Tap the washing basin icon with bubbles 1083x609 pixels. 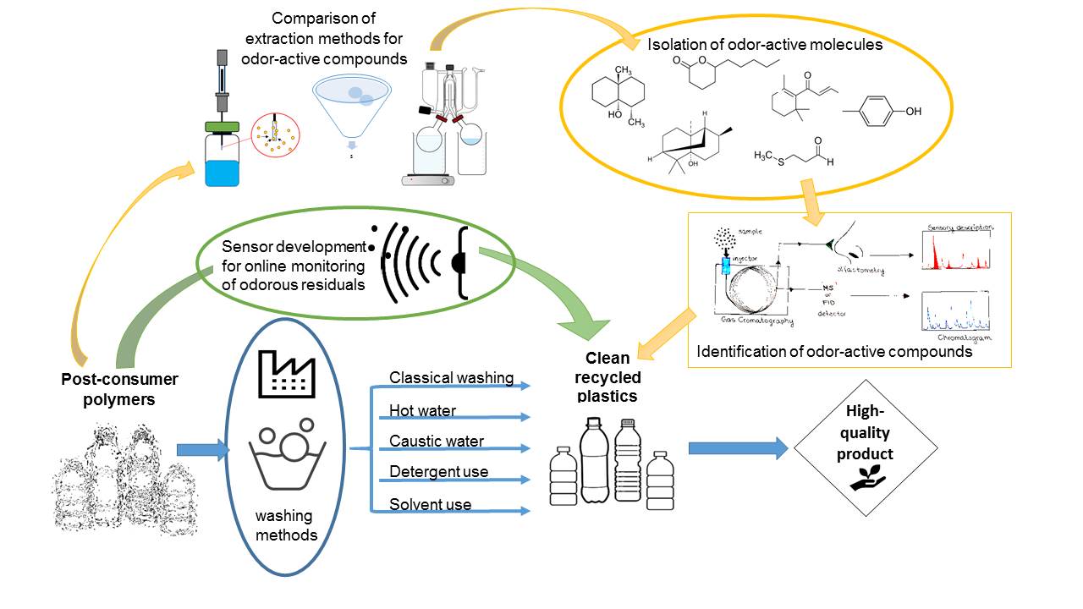[291, 458]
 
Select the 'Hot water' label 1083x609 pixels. [422, 411]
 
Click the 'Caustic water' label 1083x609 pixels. [437, 442]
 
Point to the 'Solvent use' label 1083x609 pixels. [430, 505]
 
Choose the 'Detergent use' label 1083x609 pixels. [438, 472]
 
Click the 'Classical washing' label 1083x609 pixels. [451, 378]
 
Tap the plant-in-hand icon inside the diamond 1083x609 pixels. [866, 481]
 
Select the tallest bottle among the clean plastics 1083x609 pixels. [595, 462]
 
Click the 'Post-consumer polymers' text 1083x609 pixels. [108, 389]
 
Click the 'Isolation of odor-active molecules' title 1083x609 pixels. [765, 45]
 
